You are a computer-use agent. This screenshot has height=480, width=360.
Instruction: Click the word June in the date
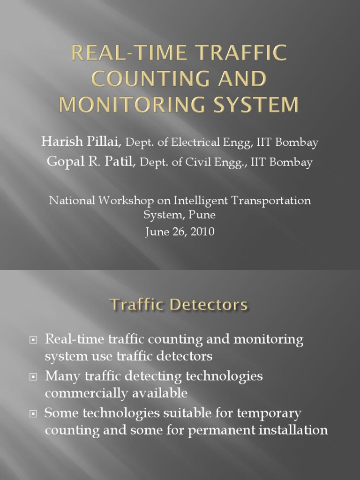coord(157,232)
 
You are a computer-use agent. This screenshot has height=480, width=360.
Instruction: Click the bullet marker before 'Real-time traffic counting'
coord(33,339)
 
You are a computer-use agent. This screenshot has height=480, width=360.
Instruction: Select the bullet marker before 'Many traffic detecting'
coord(33,376)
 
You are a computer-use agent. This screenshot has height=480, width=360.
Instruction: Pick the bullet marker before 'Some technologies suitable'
coord(33,414)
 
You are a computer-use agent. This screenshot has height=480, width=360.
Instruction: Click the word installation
coord(291,430)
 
